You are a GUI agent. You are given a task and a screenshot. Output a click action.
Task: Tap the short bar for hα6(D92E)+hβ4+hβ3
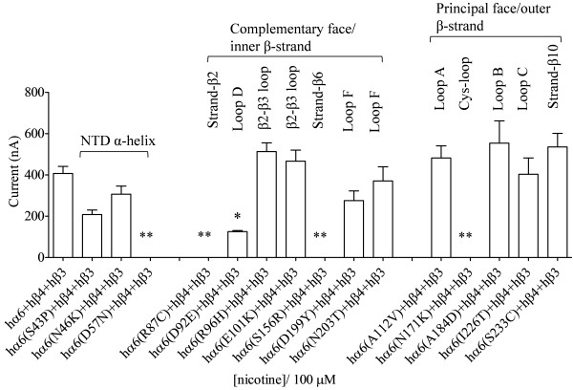point(239,245)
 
